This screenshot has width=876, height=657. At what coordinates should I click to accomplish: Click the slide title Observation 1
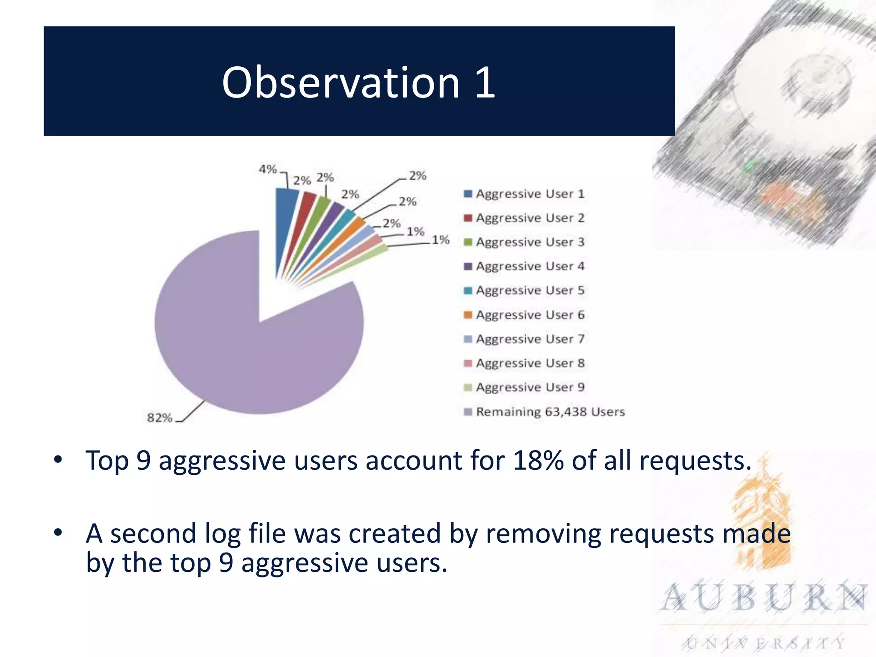click(358, 83)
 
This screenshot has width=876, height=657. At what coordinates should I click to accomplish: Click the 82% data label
click(160, 417)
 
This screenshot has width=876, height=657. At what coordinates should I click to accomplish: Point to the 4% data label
click(268, 169)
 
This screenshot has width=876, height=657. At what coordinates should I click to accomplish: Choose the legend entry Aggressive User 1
click(530, 194)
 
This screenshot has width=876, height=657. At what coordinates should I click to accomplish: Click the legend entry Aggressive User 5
click(530, 290)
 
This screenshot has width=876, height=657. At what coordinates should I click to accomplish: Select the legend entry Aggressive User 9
click(530, 387)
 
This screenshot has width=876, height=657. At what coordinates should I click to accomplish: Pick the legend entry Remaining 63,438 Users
click(550, 411)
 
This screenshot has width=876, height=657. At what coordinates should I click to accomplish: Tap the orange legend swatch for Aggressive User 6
click(468, 315)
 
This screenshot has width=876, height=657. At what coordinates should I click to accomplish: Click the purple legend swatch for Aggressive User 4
click(468, 266)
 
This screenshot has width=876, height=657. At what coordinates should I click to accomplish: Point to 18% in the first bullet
click(538, 461)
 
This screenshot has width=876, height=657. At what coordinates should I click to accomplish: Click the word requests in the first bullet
click(695, 461)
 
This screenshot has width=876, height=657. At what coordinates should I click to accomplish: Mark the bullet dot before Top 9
click(58, 460)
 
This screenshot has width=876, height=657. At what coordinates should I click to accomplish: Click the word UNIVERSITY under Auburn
click(764, 643)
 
